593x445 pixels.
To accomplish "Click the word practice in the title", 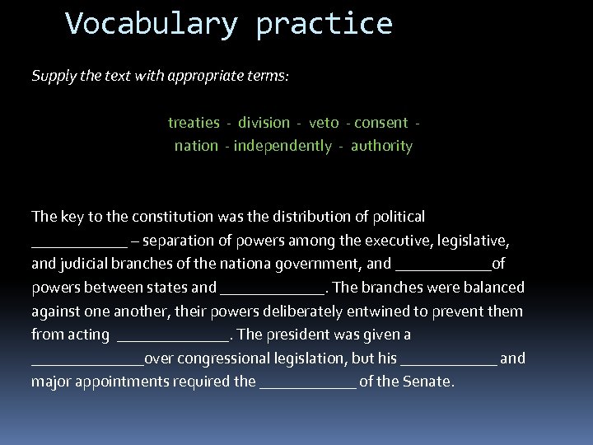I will click(324, 24).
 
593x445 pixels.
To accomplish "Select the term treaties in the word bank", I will click(194, 123).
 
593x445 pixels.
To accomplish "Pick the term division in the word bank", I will click(264, 123).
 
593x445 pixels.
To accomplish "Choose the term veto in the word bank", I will click(324, 123).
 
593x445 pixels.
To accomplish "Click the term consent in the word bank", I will click(381, 123).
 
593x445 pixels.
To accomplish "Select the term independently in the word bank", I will click(282, 147).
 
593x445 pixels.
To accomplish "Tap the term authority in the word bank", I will click(381, 147).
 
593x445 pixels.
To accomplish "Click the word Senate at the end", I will click(429, 382).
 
